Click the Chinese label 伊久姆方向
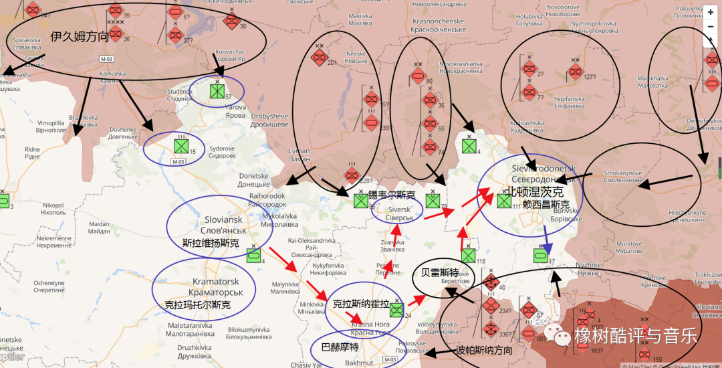[79, 37]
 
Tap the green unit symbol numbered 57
[217, 91]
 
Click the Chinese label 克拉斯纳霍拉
[361, 304]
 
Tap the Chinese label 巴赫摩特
[340, 347]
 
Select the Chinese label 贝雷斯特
[439, 272]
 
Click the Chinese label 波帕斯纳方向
[485, 350]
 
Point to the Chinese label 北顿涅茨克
[535, 191]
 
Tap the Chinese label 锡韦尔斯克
[392, 196]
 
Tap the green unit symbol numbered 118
[468, 256]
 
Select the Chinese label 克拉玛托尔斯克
[197, 305]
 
